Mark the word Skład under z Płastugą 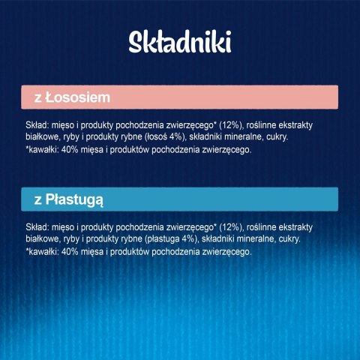(x=36, y=226)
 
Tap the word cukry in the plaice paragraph (x=298, y=239)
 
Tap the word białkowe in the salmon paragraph (x=43, y=138)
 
